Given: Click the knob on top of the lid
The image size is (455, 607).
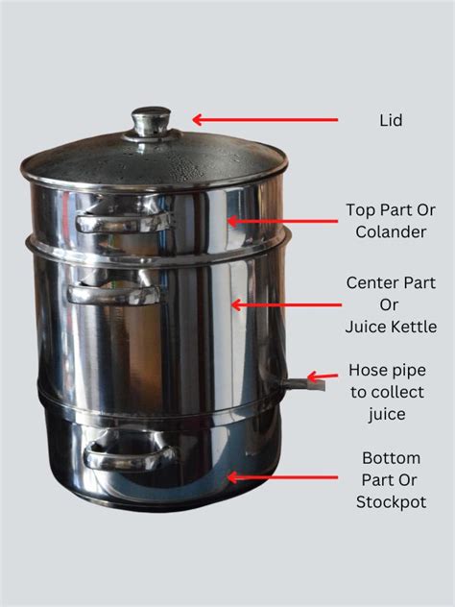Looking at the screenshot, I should (151, 122).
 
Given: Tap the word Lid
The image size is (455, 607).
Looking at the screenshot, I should (391, 121).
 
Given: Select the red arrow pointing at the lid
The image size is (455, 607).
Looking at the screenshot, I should (265, 120).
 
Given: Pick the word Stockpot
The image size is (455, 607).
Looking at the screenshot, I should (391, 502).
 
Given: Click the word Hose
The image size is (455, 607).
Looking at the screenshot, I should (368, 370).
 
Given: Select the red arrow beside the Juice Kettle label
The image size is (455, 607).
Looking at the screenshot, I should (285, 305).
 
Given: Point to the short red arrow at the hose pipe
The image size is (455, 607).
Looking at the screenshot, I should (323, 378).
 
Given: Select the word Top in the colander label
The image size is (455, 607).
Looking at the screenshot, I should (362, 208).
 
